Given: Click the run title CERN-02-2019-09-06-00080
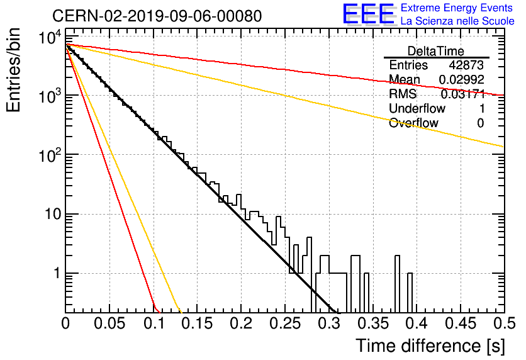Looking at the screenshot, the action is (157, 16).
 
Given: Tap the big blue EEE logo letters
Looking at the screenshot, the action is (368, 14).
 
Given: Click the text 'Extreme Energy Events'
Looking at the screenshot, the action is (457, 8).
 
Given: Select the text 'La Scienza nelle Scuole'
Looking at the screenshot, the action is (457, 21).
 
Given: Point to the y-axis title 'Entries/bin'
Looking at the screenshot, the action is (13, 70).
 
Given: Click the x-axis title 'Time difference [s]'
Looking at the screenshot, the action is (430, 346).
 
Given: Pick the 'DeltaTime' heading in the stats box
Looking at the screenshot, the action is (436, 51).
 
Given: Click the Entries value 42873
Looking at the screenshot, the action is (466, 65).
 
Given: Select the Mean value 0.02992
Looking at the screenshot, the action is (462, 79).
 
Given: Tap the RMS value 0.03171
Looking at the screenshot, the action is (463, 94).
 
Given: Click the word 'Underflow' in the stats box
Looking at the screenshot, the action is (417, 108).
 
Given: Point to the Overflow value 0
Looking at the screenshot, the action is (480, 123).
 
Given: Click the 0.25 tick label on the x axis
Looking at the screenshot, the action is (285, 323).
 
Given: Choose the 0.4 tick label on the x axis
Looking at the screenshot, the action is (417, 323).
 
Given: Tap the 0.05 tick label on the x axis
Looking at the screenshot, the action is (109, 323).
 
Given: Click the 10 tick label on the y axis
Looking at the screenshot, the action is (53, 214).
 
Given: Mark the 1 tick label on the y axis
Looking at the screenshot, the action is (57, 273).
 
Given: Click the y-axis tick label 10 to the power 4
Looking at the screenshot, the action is (50, 37).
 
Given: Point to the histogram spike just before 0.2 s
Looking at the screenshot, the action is (238, 201).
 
